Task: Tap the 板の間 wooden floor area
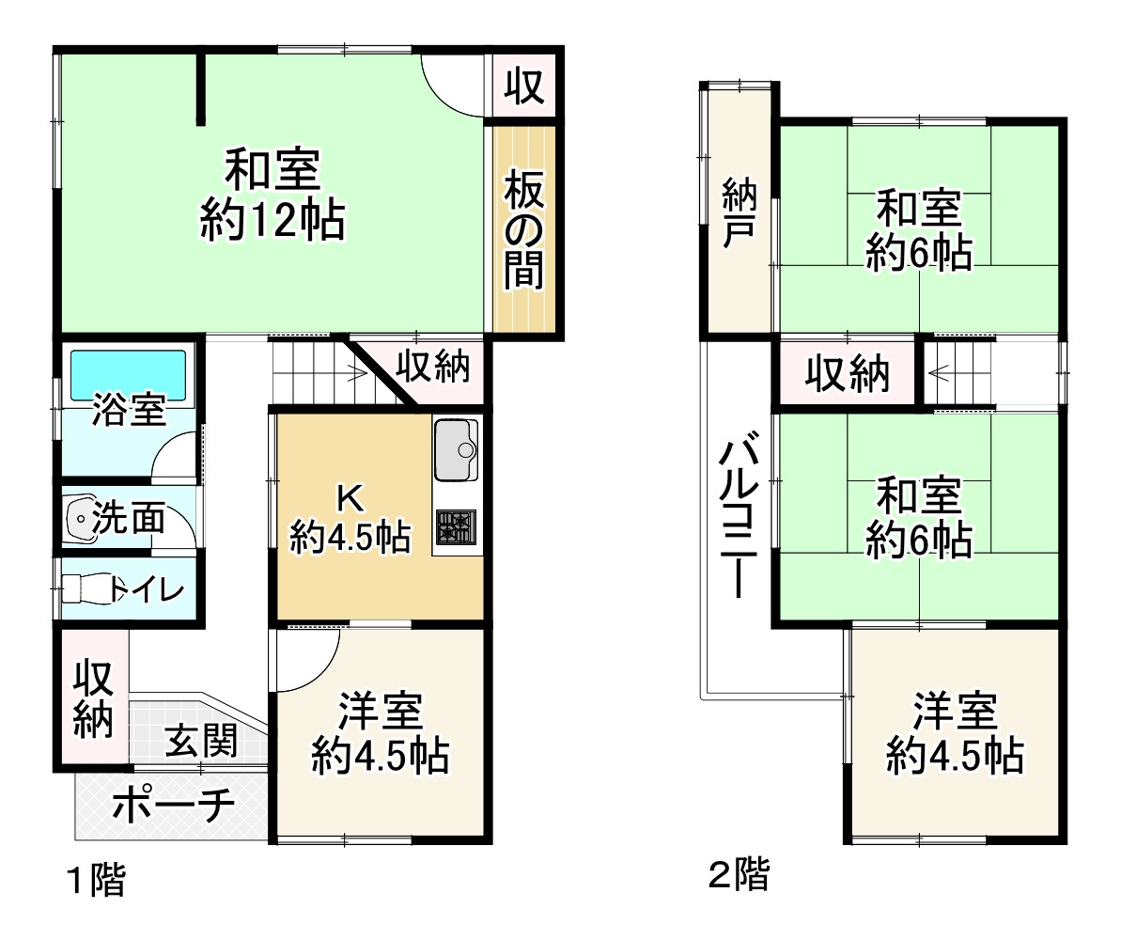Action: point(524,229)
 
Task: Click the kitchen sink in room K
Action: point(457,449)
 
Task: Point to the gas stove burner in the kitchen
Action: point(456,527)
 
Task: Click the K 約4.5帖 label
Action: point(350,522)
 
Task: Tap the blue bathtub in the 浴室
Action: point(128,372)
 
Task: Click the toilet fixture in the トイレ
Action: point(85,589)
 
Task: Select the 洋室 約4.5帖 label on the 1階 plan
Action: point(380,733)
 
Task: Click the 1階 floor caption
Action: point(94,881)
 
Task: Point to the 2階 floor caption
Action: point(739,875)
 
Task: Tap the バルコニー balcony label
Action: point(740,516)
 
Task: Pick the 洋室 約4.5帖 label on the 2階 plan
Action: point(955,733)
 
